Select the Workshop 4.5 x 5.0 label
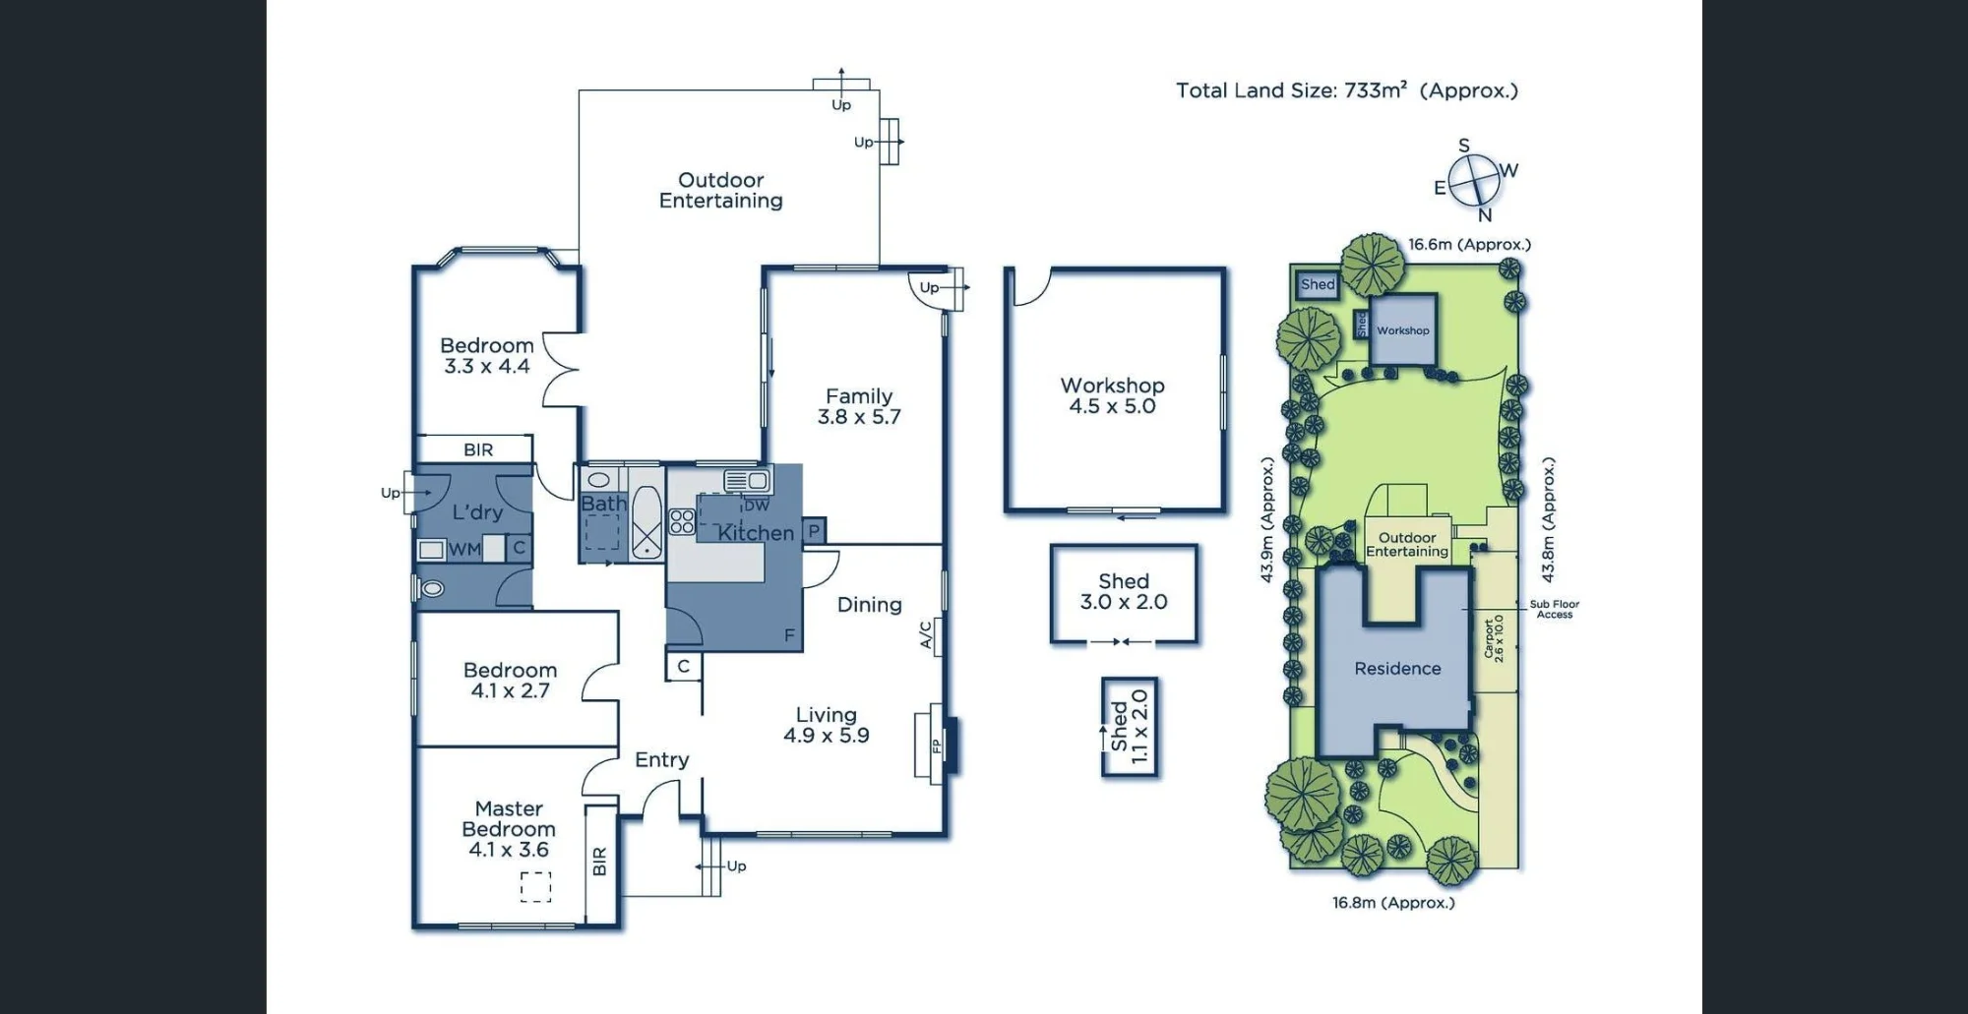pyautogui.click(x=1113, y=395)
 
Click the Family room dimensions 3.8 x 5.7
pyautogui.click(x=859, y=417)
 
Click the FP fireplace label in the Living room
pyautogui.click(x=937, y=746)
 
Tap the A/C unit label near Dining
pyautogui.click(x=926, y=634)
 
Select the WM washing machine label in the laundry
pyautogui.click(x=464, y=550)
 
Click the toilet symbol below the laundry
pyautogui.click(x=430, y=589)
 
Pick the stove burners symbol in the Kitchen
pyautogui.click(x=682, y=521)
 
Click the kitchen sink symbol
pyautogui.click(x=747, y=480)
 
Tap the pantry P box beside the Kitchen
pyautogui.click(x=814, y=531)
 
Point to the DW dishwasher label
pyautogui.click(x=757, y=506)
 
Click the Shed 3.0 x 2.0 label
pyautogui.click(x=1124, y=592)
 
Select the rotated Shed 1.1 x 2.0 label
pyautogui.click(x=1130, y=727)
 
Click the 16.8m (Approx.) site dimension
pyautogui.click(x=1393, y=903)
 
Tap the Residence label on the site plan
pyautogui.click(x=1397, y=669)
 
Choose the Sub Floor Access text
pyautogui.click(x=1555, y=610)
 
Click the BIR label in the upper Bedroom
pyautogui.click(x=478, y=450)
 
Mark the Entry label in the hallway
pyautogui.click(x=662, y=760)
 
